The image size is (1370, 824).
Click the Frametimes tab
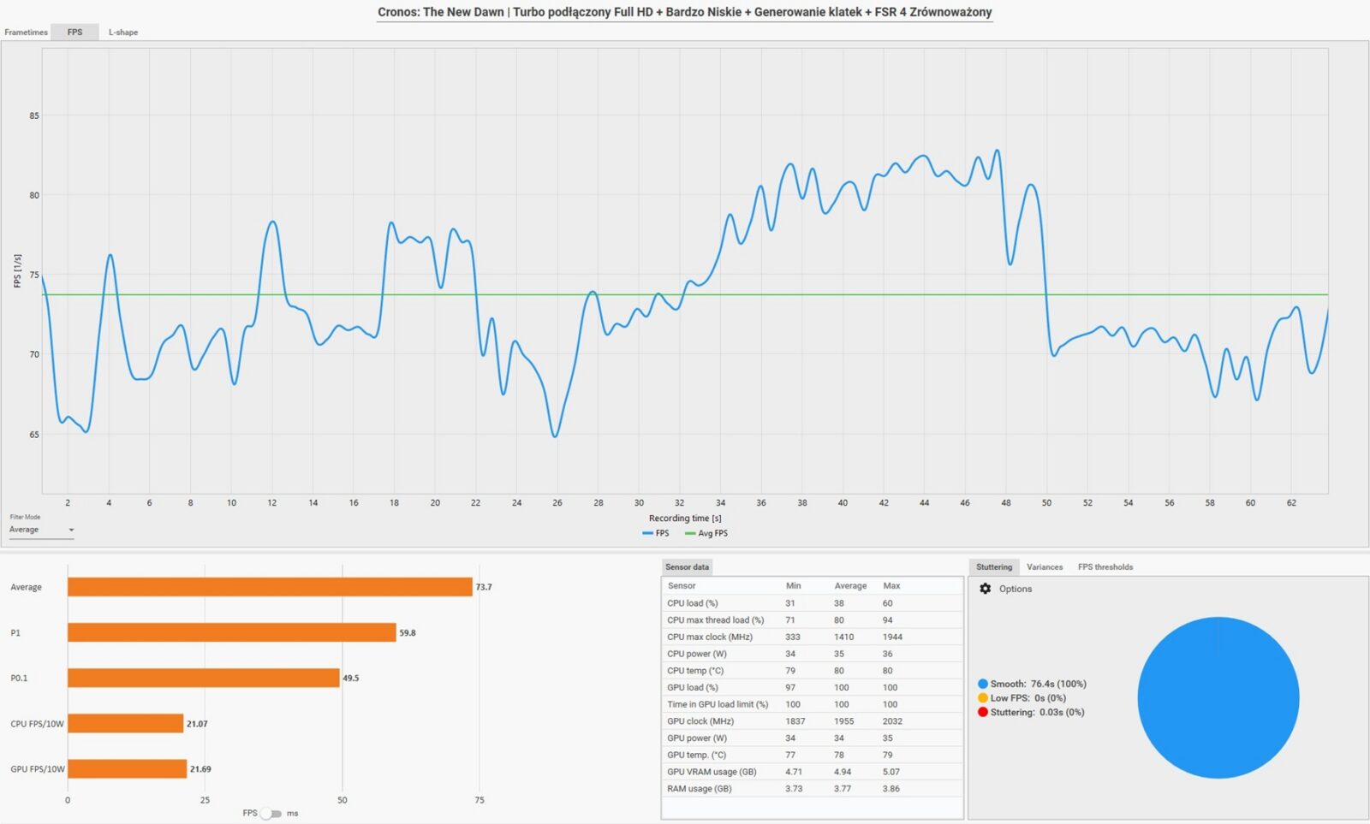[x=26, y=33]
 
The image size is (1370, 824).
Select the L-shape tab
[x=122, y=33]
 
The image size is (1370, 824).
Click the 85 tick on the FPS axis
[x=34, y=116]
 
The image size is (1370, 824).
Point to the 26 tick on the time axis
[x=557, y=503]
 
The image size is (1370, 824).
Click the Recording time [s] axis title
[x=684, y=518]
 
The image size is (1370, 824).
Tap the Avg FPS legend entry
[x=706, y=533]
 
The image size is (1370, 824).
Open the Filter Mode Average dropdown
[x=41, y=531]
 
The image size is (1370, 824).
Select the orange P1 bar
[x=231, y=632]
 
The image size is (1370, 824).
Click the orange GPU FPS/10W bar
[x=127, y=768]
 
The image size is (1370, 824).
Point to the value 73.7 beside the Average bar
[x=484, y=587]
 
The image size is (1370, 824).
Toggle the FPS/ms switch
[x=271, y=813]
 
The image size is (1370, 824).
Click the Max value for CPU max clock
[x=892, y=637]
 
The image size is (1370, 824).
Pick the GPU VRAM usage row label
[x=712, y=772]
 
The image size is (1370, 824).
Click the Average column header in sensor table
[x=850, y=586]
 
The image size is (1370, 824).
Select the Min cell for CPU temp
[x=790, y=671]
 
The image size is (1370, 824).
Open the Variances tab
[x=1044, y=567]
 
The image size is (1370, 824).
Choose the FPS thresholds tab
[x=1105, y=567]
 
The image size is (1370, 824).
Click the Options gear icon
[x=986, y=589]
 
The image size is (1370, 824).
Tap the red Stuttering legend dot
[x=983, y=712]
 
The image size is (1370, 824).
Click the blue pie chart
[x=1218, y=697]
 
